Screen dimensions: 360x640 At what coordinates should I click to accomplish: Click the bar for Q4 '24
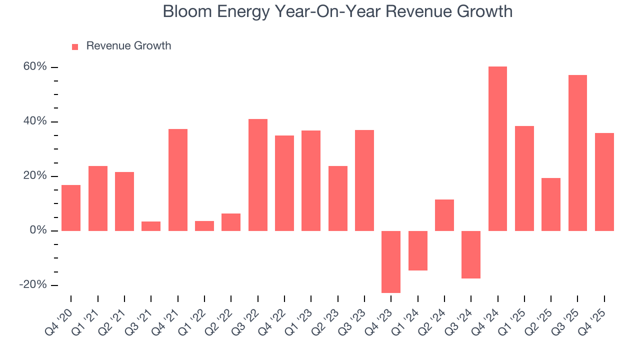point(497,148)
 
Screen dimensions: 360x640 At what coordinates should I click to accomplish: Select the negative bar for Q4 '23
point(391,261)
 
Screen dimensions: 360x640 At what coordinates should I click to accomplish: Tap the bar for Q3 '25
point(577,152)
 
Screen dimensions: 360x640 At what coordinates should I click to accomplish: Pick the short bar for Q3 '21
point(151,226)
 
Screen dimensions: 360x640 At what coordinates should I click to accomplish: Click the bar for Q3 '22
point(258,174)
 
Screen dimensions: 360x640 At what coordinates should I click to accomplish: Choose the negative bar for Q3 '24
point(471,254)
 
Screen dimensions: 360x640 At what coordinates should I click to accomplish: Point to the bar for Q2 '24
point(444,215)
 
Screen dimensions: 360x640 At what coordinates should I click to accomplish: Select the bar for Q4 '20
point(71,207)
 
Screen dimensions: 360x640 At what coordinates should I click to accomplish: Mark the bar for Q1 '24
point(418,250)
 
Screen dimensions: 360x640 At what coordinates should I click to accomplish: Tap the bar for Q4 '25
point(604,181)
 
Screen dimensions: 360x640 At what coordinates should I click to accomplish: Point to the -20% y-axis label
point(33,284)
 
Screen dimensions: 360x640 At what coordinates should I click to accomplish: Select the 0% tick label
point(38,230)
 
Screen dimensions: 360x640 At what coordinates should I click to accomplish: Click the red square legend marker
point(75,46)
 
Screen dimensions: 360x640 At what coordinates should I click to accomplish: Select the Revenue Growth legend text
point(128,46)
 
